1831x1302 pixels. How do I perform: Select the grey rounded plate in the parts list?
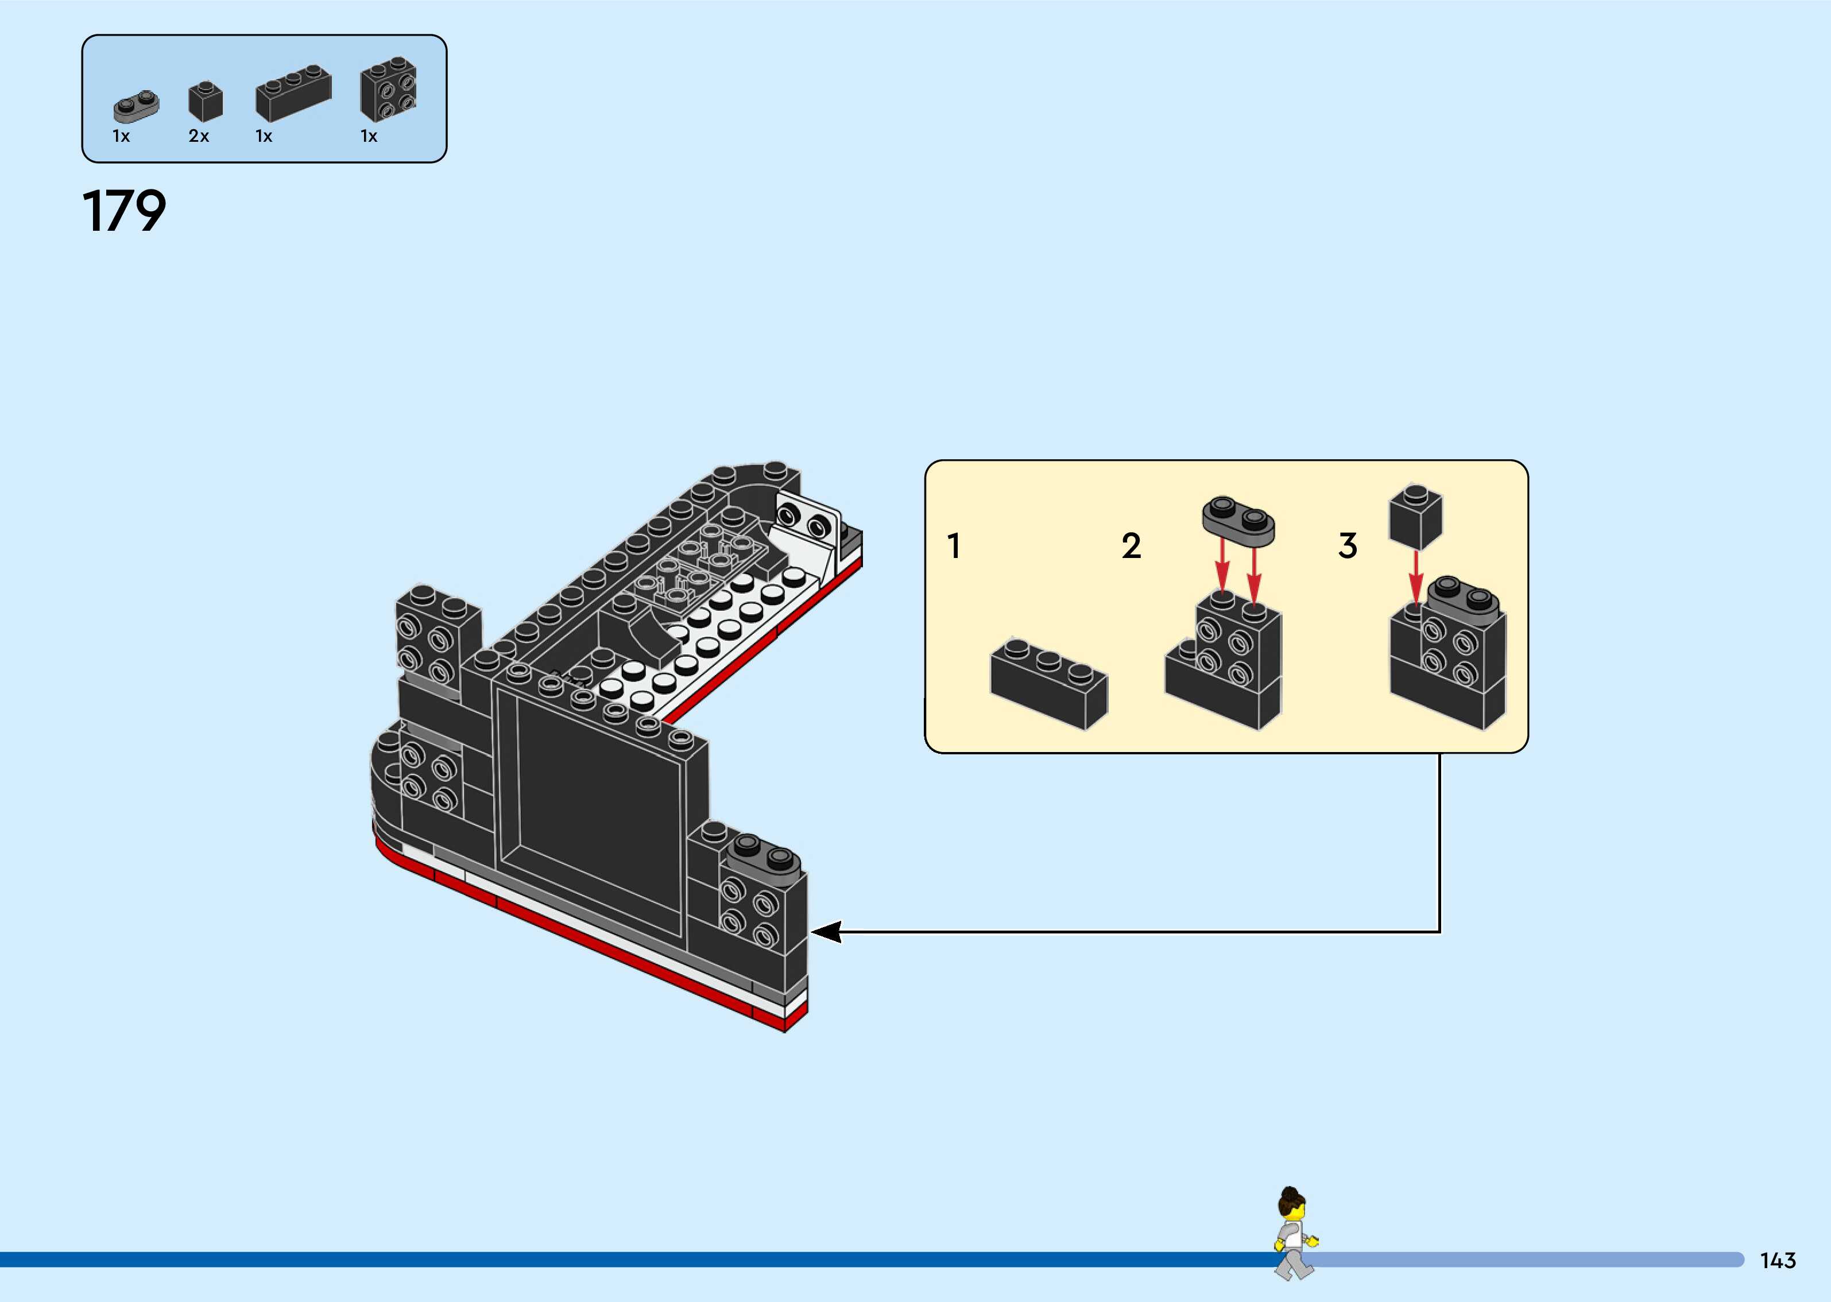click(x=136, y=105)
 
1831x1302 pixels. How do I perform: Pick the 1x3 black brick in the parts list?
click(x=293, y=93)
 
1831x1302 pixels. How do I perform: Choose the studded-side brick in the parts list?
click(x=389, y=90)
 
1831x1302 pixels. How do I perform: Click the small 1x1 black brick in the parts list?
click(x=205, y=102)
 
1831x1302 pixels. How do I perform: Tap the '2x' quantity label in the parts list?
click(x=199, y=136)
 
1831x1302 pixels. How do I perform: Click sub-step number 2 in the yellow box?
click(x=1131, y=546)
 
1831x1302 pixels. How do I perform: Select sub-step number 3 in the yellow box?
click(x=1348, y=546)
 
